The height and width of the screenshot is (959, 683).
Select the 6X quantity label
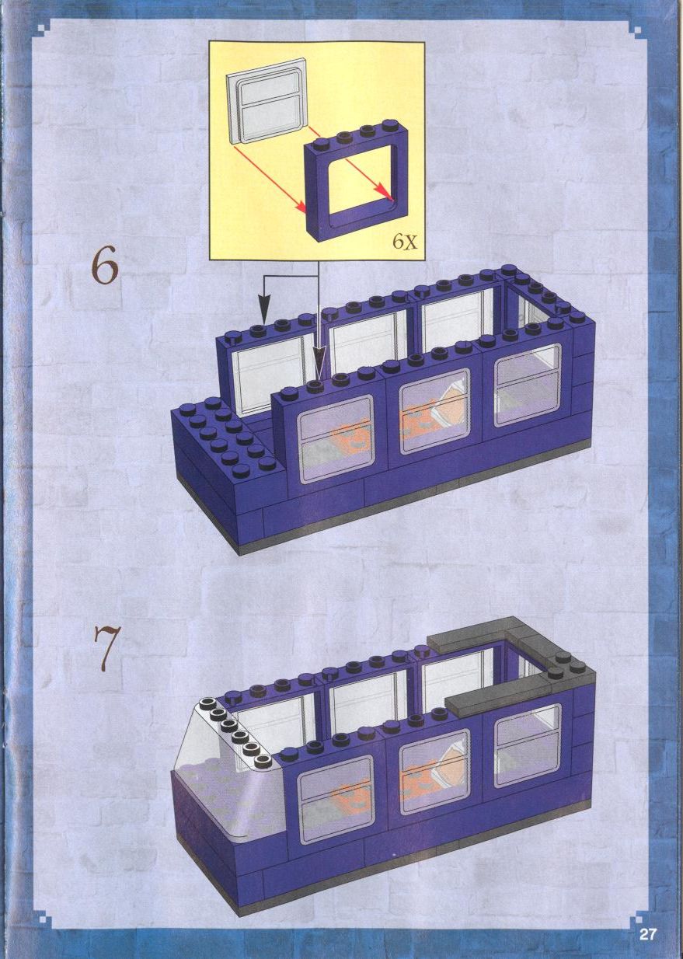coord(404,242)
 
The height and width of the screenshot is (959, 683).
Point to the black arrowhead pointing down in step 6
coord(264,314)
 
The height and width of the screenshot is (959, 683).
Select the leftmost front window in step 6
coord(335,440)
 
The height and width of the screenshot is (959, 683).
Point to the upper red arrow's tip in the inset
coord(392,199)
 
